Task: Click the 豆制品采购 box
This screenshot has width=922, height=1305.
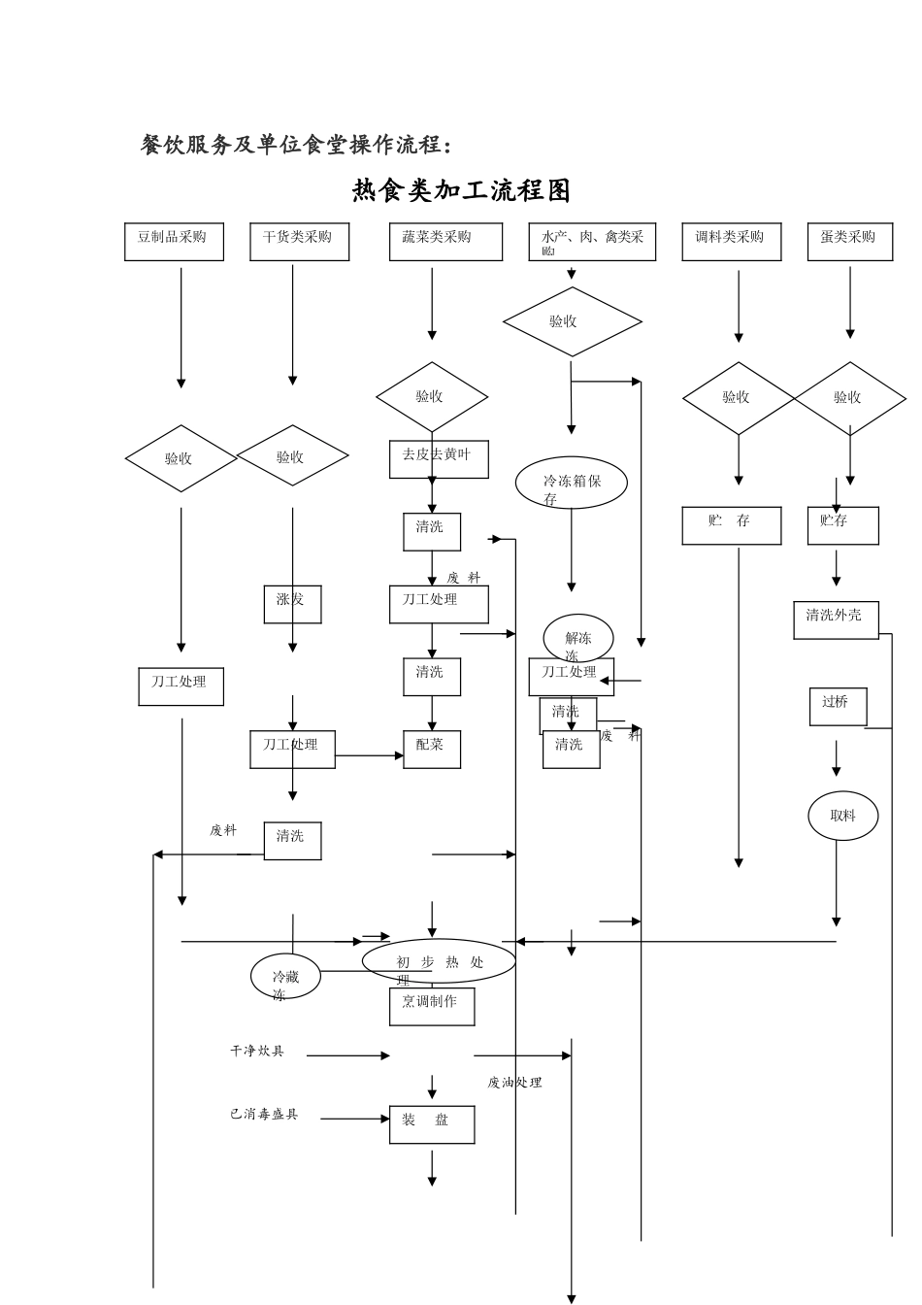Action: (174, 242)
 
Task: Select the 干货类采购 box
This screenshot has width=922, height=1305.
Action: (299, 242)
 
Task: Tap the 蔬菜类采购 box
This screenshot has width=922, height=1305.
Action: (445, 242)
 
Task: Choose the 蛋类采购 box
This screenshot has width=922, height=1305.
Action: (849, 242)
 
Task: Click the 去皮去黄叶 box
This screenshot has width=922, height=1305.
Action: (439, 458)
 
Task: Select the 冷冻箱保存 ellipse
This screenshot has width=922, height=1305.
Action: (572, 483)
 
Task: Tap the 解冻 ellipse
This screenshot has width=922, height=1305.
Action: (578, 639)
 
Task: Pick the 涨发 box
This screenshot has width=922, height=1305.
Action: (292, 604)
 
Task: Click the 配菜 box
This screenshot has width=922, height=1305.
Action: (432, 749)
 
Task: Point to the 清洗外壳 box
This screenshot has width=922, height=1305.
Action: (836, 619)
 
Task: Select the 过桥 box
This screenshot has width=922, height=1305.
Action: (838, 706)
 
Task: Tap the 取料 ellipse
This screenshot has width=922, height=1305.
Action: (843, 817)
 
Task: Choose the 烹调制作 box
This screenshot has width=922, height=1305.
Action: (432, 1007)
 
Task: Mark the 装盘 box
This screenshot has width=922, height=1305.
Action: (432, 1124)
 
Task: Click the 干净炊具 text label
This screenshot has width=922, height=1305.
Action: (257, 1052)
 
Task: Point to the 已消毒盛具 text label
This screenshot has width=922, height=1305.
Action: (264, 1115)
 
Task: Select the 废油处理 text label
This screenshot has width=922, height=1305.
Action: (514, 1083)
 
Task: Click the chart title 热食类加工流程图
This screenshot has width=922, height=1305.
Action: (461, 191)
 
